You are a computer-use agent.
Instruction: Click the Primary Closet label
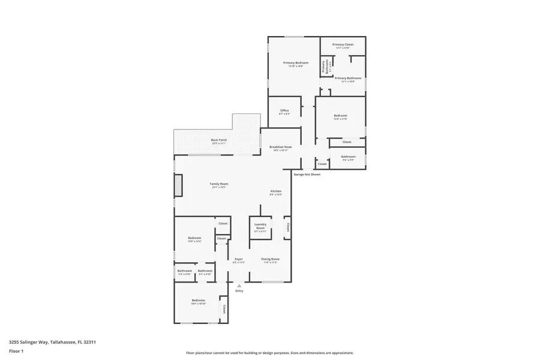click(343, 44)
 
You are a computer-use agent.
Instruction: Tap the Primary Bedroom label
click(296, 63)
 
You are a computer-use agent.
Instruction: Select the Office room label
click(284, 110)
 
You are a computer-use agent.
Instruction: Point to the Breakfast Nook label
click(280, 147)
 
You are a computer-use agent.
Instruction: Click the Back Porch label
click(218, 140)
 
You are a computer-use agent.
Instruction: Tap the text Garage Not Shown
click(307, 175)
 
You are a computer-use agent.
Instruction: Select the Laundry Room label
click(260, 227)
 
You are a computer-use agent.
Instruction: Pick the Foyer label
click(238, 259)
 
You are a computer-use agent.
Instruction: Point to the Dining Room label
click(270, 259)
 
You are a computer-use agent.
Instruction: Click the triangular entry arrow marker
click(239, 286)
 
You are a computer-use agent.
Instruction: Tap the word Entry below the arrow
click(239, 291)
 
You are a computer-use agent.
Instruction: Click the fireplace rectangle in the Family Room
click(178, 185)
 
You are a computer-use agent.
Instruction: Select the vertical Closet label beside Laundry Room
click(287, 227)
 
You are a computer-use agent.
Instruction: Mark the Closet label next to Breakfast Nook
click(322, 164)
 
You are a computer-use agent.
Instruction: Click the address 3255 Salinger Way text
click(53, 342)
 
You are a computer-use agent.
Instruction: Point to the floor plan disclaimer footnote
click(269, 353)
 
